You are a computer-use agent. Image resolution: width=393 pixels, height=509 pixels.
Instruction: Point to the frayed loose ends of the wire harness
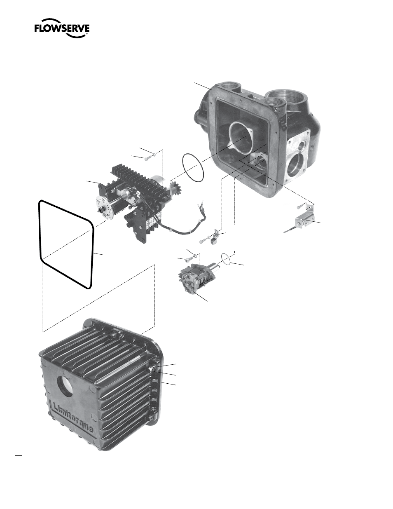click(x=202, y=208)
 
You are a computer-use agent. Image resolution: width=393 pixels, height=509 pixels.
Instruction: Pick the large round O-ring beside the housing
click(x=193, y=167)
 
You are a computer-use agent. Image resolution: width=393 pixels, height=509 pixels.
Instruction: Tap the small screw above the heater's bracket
click(x=301, y=206)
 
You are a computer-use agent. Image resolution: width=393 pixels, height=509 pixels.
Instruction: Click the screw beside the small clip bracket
click(x=204, y=241)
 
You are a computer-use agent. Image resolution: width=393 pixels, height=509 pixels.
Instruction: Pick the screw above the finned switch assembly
click(x=147, y=159)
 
